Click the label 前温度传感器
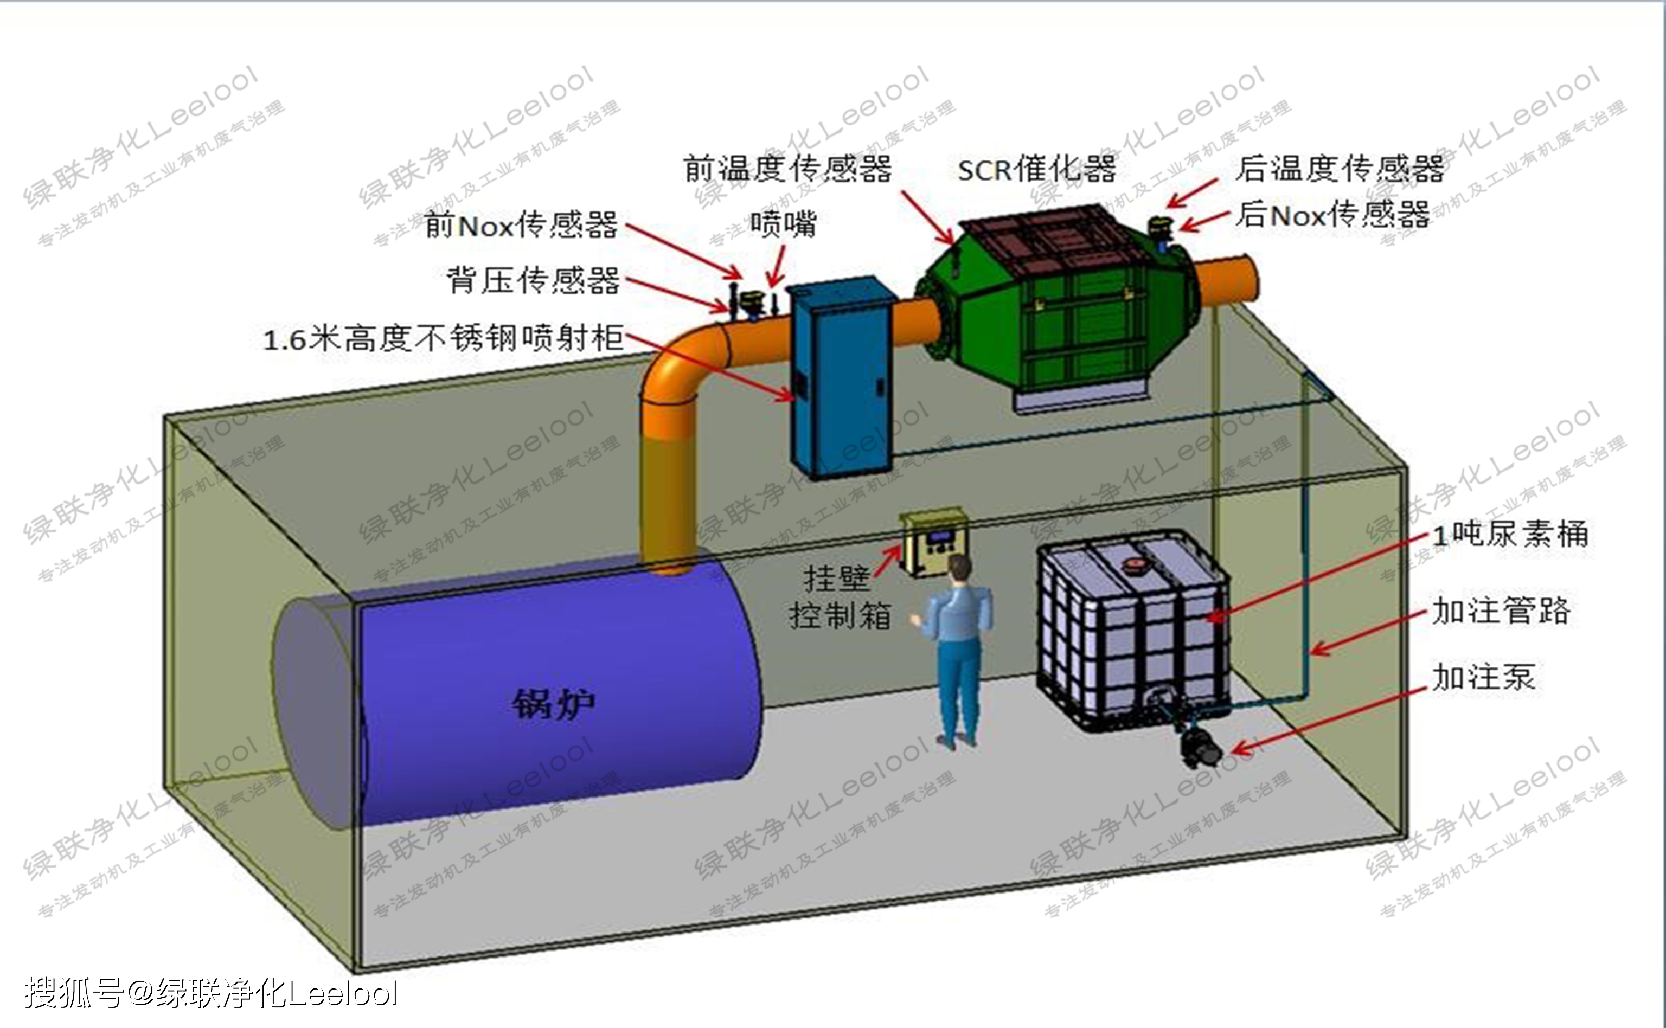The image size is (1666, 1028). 787,168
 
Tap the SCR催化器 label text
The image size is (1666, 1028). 1036,169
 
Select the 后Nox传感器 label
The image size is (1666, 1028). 1333,215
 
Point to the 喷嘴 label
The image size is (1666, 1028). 783,224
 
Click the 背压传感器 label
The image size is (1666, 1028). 533,280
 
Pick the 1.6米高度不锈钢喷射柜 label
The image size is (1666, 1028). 444,338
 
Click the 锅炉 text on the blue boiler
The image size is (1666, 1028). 553,703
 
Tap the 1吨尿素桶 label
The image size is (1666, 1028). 1510,534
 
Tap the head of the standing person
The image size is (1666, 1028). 959,567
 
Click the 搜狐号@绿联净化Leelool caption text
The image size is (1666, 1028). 211,993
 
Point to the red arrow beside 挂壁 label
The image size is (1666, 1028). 887,562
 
